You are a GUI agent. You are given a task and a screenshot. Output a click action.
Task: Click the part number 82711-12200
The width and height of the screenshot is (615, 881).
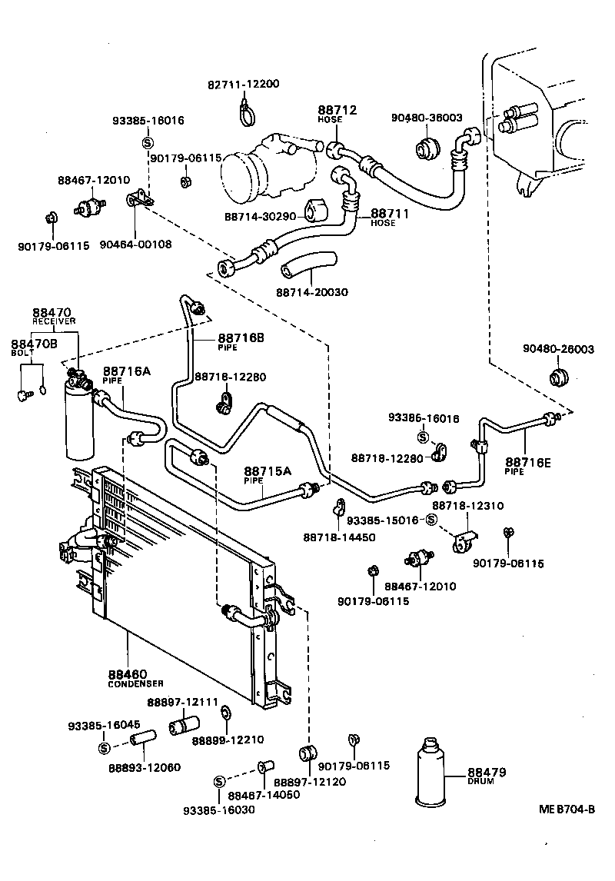pos(242,84)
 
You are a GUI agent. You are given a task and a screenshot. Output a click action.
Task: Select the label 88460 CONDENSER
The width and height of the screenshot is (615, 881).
pos(136,677)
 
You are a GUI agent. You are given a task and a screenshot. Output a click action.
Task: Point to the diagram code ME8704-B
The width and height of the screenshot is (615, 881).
pos(567,810)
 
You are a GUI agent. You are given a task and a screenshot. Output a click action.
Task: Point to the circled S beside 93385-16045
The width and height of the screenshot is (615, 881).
pos(104,748)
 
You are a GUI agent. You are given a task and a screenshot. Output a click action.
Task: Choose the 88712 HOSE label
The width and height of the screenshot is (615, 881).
pos(337,115)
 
